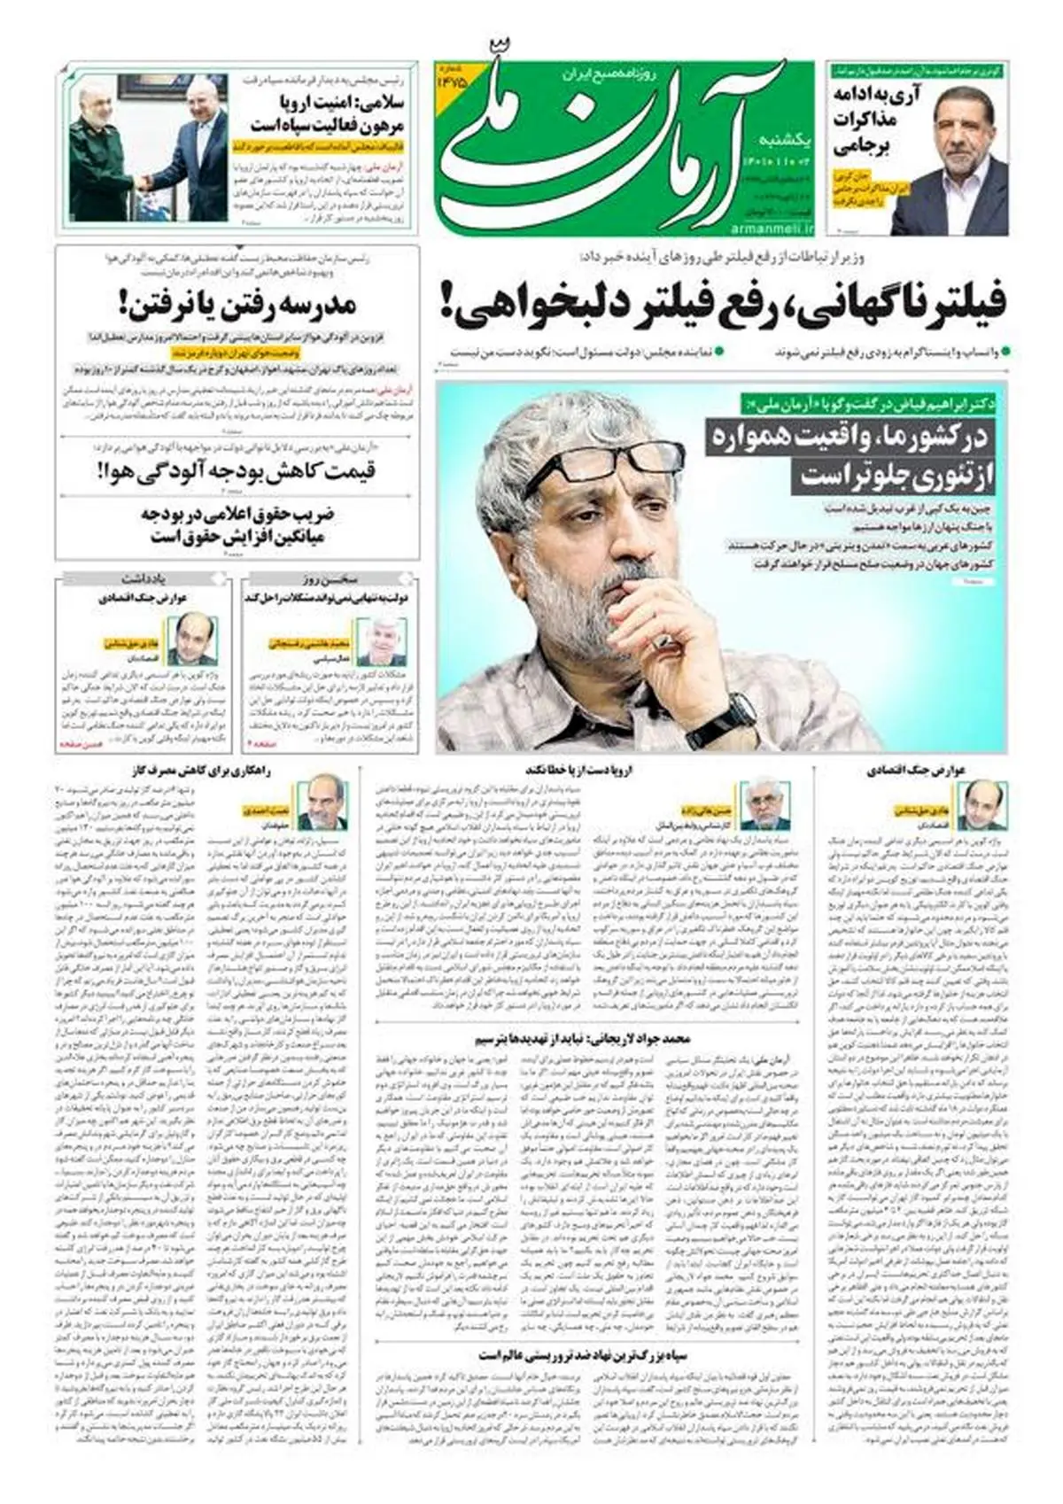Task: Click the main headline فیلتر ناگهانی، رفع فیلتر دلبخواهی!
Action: coord(722,303)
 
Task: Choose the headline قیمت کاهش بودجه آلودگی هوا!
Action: coord(237,469)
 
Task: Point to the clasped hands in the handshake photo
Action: coord(142,183)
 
